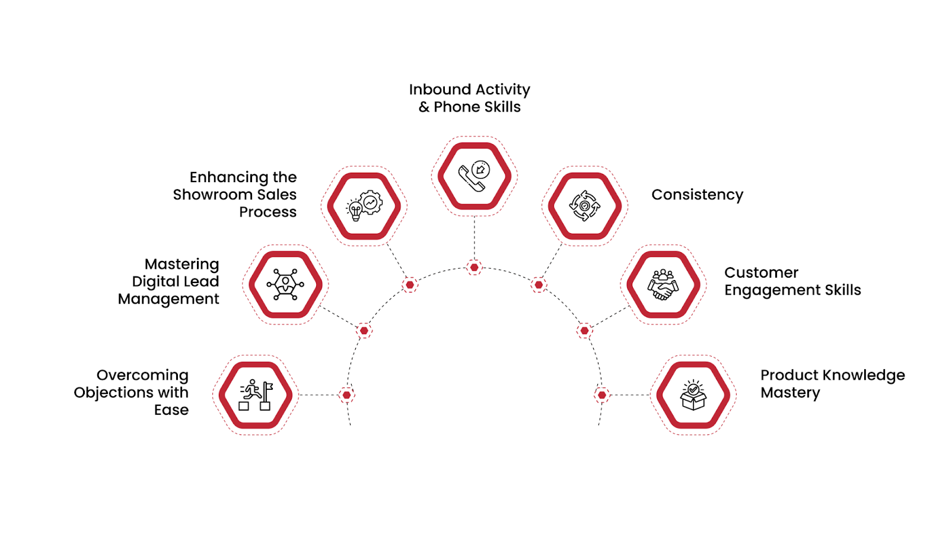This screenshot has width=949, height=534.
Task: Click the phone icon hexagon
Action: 474,176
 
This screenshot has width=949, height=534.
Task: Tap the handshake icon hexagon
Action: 663,285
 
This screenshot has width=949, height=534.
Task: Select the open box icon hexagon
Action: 693,395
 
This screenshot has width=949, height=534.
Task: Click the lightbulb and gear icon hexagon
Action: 364,206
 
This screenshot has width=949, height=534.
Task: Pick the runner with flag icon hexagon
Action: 256,395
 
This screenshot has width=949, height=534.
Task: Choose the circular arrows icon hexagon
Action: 584,206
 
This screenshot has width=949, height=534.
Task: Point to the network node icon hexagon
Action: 285,285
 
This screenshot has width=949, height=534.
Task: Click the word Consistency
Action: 697,195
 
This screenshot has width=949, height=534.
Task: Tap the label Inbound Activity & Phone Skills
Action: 469,98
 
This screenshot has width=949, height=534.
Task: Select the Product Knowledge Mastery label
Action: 832,384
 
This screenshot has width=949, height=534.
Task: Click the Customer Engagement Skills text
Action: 792,281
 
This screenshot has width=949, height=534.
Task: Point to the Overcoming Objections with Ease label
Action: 132,392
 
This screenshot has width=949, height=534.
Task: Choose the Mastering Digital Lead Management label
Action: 169,281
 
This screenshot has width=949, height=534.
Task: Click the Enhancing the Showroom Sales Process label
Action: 235,195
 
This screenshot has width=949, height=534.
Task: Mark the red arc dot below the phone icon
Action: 474,268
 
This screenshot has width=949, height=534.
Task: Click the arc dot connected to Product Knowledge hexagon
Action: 601,395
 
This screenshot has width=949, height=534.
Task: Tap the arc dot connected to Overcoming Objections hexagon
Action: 347,395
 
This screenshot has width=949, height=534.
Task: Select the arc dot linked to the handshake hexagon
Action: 584,330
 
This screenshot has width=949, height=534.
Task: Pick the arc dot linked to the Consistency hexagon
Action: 539,285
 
